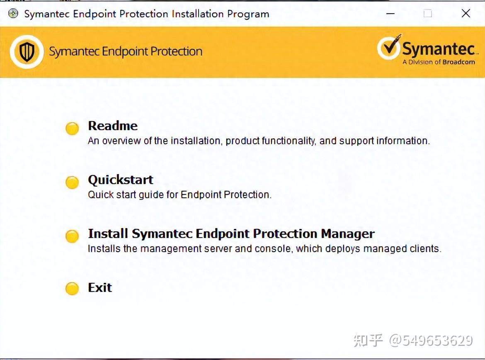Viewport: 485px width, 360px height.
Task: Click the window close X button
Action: pyautogui.click(x=466, y=14)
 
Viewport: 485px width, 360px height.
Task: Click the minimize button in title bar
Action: pyautogui.click(x=390, y=14)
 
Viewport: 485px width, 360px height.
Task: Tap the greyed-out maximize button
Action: pyautogui.click(x=427, y=14)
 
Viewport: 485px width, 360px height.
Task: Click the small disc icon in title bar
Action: pyautogui.click(x=13, y=14)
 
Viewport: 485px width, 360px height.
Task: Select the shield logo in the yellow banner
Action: pyautogui.click(x=27, y=52)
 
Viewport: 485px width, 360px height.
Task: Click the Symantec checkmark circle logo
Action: pyautogui.click(x=388, y=48)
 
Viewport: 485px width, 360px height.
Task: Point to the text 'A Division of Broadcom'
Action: pyautogui.click(x=439, y=62)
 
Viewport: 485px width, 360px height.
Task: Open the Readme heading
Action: pyautogui.click(x=113, y=126)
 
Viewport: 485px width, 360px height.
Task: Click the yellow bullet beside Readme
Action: pyautogui.click(x=72, y=129)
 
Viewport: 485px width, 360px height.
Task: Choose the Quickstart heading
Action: pyautogui.click(x=121, y=180)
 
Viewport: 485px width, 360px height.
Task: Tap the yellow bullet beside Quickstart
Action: pyautogui.click(x=72, y=182)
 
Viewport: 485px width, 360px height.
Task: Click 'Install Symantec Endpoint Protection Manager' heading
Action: pyautogui.click(x=231, y=234)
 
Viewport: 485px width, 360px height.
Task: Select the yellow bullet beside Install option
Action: pyautogui.click(x=72, y=236)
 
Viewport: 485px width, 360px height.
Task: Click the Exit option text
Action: pyautogui.click(x=100, y=287)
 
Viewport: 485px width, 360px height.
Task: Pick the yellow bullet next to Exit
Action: pyautogui.click(x=72, y=289)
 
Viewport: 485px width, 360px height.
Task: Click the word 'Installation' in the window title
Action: pyautogui.click(x=198, y=14)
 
